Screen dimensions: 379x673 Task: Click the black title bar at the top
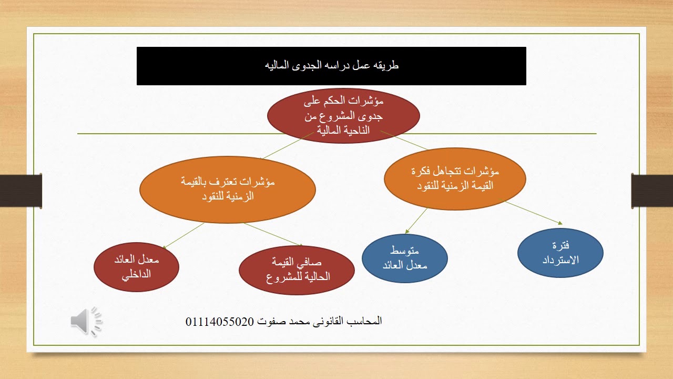click(x=331, y=66)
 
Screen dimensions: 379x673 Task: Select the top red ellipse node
click(x=343, y=115)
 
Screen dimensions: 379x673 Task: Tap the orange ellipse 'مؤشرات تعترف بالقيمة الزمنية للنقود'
click(x=228, y=189)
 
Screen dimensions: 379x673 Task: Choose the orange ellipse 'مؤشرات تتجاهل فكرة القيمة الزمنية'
click(x=455, y=178)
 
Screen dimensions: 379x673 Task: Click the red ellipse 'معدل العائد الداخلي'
click(x=136, y=267)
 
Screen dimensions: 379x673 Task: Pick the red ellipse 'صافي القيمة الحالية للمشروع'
click(x=297, y=270)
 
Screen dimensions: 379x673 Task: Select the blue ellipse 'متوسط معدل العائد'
click(x=404, y=258)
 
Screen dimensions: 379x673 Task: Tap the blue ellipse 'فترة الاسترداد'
click(x=560, y=253)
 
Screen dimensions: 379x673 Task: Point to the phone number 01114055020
click(x=220, y=321)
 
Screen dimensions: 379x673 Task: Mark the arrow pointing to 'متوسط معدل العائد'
click(x=416, y=220)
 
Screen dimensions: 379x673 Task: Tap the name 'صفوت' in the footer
click(x=268, y=321)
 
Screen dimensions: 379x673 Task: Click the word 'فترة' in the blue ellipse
click(x=562, y=246)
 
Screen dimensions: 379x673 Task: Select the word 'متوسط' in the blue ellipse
click(x=405, y=251)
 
